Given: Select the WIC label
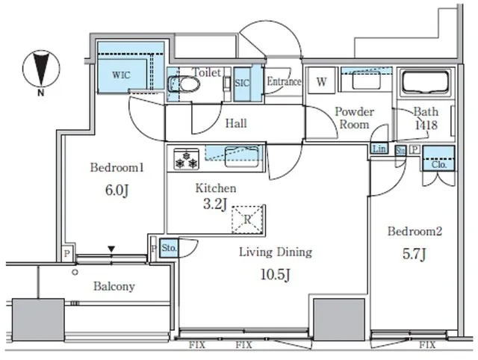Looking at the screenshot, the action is click(121, 75).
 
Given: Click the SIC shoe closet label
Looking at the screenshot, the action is click(242, 83).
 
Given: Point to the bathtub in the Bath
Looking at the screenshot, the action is click(426, 83).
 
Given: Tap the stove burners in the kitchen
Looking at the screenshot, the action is click(186, 159).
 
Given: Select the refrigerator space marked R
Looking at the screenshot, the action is click(247, 220).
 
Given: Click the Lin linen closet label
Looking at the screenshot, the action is click(379, 149).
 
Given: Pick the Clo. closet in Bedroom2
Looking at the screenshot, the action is click(438, 158).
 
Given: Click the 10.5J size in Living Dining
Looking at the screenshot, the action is click(276, 275).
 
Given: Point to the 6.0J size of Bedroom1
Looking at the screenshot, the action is click(117, 190).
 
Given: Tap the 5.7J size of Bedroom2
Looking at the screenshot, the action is click(415, 254).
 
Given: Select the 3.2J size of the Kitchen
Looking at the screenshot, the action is click(215, 205).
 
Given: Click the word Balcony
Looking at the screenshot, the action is click(114, 286).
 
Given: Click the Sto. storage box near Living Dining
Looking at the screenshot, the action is click(169, 247).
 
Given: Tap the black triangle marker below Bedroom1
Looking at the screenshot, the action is click(111, 249).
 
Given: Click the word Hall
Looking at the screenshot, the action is click(236, 123).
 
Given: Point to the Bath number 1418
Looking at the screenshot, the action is click(426, 125).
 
